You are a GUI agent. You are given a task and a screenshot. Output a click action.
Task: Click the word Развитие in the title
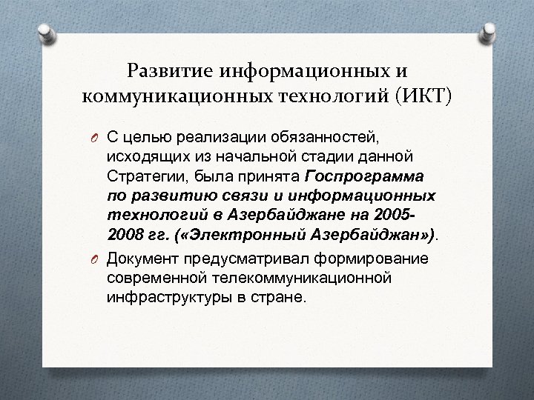click(168, 71)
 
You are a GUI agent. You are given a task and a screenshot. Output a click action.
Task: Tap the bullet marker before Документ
click(96, 259)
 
